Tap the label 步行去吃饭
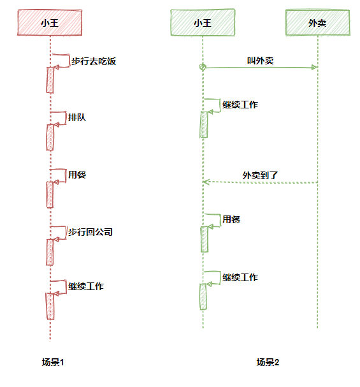(x=92, y=62)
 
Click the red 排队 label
(x=77, y=117)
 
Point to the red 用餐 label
(x=77, y=174)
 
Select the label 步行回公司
(x=90, y=232)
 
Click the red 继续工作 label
(x=86, y=286)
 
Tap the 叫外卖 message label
(x=261, y=61)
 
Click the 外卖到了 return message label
(x=261, y=175)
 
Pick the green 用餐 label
(x=231, y=220)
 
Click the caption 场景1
(x=54, y=362)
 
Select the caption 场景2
(x=268, y=362)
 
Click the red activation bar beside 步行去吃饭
(x=50, y=79)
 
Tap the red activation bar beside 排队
(x=50, y=137)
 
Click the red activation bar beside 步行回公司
(x=50, y=251)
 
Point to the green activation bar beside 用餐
(x=203, y=240)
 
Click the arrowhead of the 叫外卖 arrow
(x=314, y=67)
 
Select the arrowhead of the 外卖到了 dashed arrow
(x=206, y=182)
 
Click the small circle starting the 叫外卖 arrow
(x=203, y=67)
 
